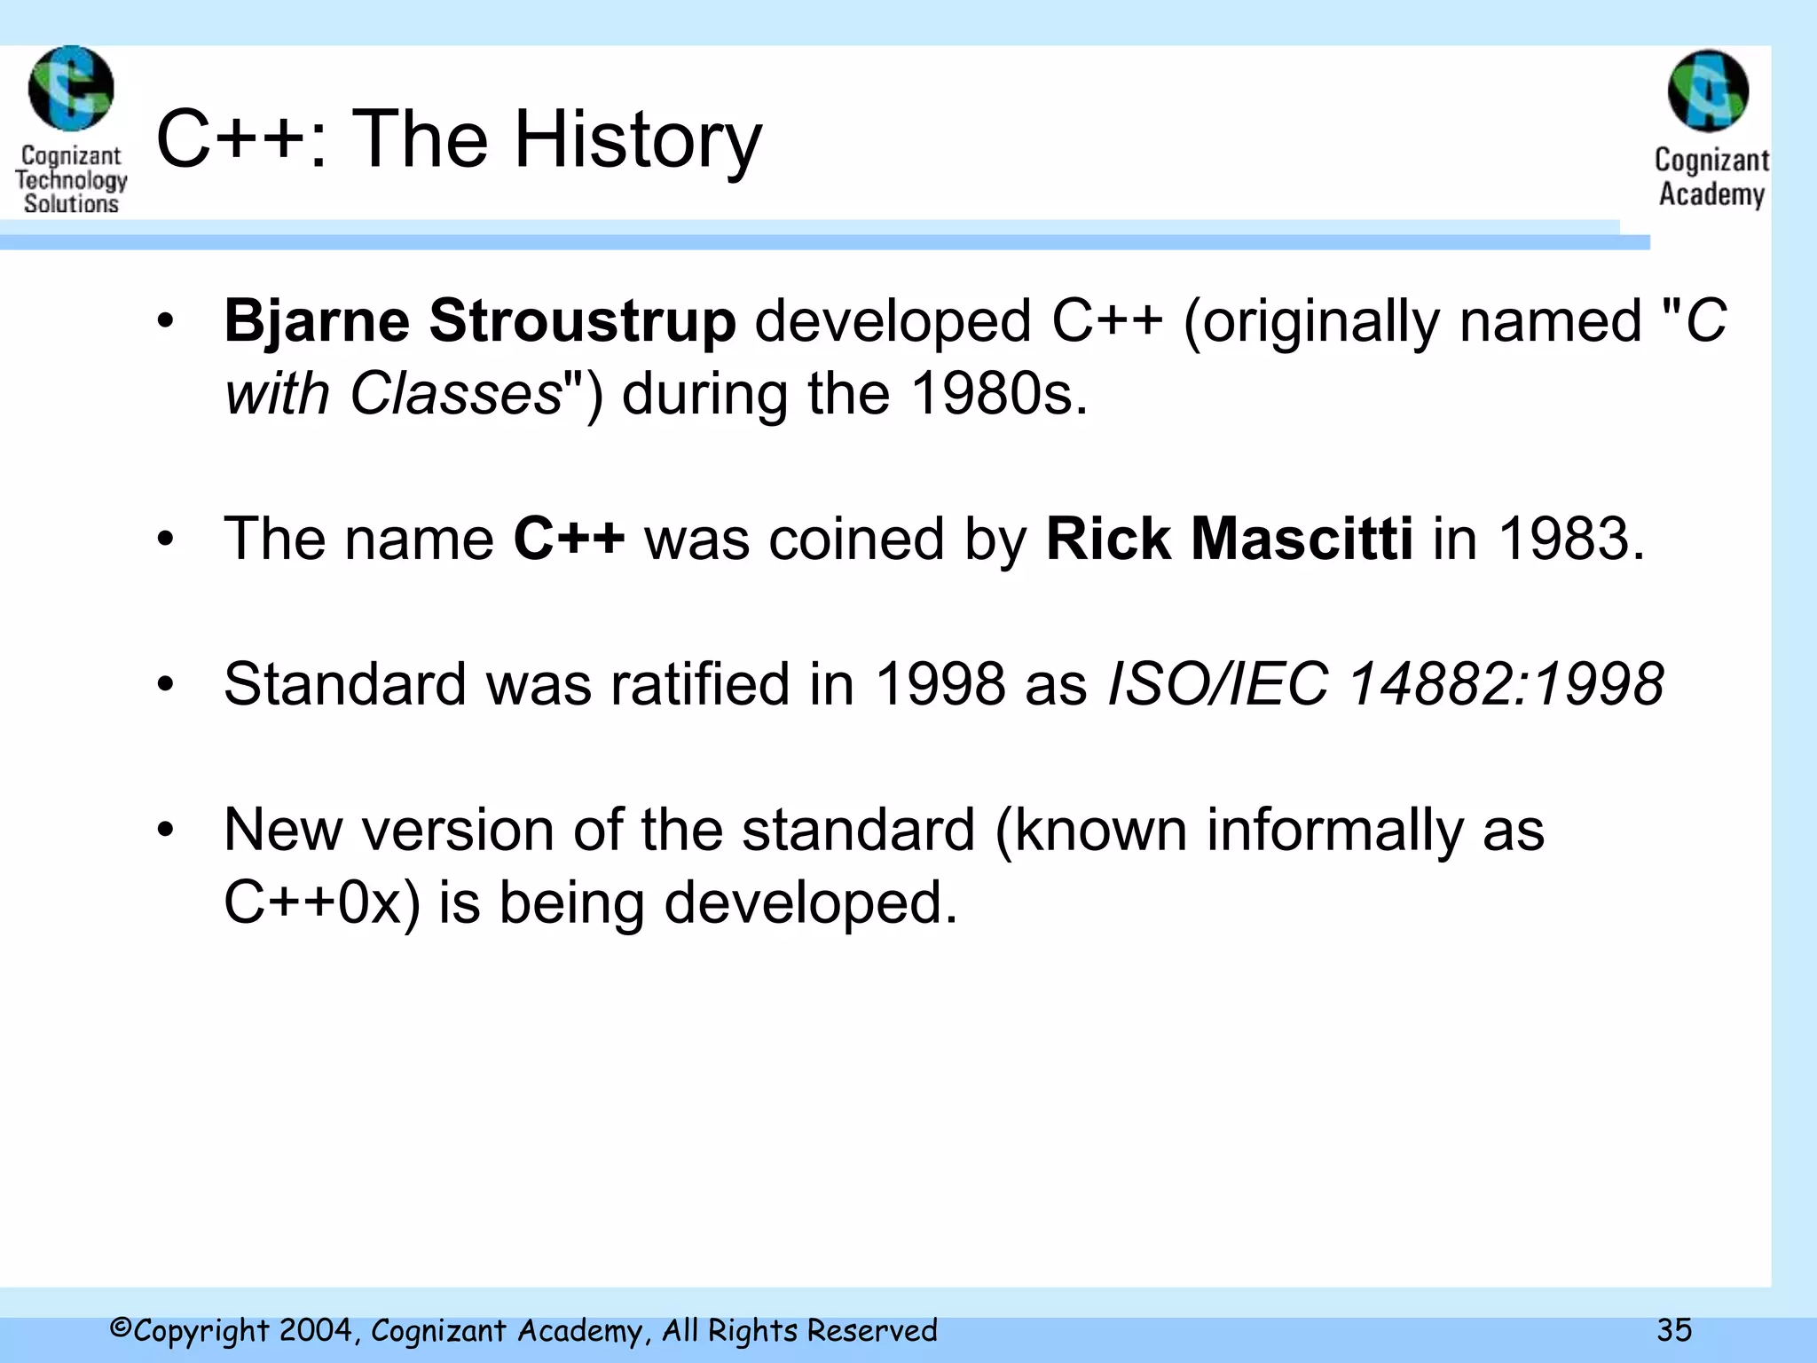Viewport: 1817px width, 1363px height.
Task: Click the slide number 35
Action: coord(1674,1330)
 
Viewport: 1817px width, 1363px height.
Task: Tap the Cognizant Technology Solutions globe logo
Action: coord(71,89)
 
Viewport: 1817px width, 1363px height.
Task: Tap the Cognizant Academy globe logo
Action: coord(1708,91)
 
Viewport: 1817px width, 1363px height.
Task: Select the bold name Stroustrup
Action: coord(582,320)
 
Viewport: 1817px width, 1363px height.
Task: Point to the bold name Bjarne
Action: coord(317,320)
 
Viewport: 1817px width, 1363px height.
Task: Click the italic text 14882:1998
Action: coord(1506,684)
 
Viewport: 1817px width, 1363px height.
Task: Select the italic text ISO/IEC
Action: coord(1218,684)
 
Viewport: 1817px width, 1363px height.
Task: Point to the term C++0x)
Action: coord(322,902)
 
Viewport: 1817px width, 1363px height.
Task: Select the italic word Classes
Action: coord(456,393)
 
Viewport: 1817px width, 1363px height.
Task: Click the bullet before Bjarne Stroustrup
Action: coord(165,322)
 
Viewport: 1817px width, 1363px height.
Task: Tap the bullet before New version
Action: coord(165,831)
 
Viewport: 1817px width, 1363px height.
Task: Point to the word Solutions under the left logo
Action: coord(71,203)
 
